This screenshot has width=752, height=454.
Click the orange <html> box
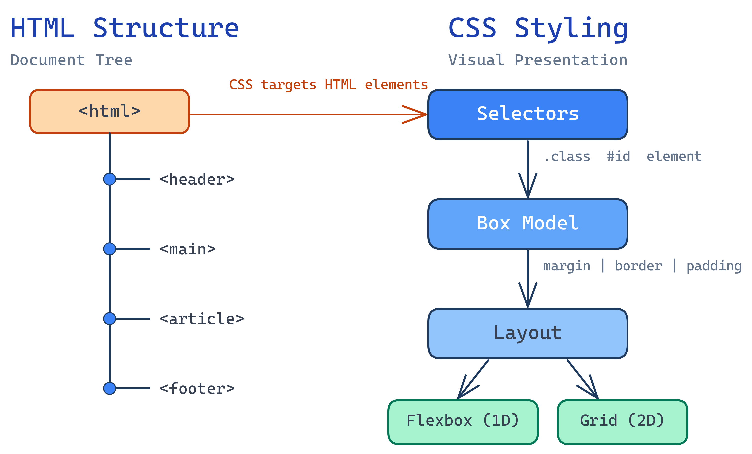coord(109,111)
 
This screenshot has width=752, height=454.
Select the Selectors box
coord(527,114)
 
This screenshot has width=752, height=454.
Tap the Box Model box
coord(527,224)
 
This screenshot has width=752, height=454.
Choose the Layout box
coord(527,334)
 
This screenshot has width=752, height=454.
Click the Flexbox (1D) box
coord(463,422)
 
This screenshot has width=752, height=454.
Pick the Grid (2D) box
coord(622,422)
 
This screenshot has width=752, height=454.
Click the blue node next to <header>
coord(109,179)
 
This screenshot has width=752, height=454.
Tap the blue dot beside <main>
coord(109,249)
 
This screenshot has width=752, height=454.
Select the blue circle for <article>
coord(109,319)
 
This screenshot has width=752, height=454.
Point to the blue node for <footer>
coord(109,388)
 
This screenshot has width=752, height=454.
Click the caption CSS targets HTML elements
coord(328,85)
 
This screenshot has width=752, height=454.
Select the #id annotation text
coord(618,156)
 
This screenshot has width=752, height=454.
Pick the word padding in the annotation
coord(714,266)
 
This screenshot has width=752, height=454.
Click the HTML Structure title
coord(125,28)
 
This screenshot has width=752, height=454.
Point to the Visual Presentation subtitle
coord(537,60)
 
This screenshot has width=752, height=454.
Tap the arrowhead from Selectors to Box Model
coord(528,189)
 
